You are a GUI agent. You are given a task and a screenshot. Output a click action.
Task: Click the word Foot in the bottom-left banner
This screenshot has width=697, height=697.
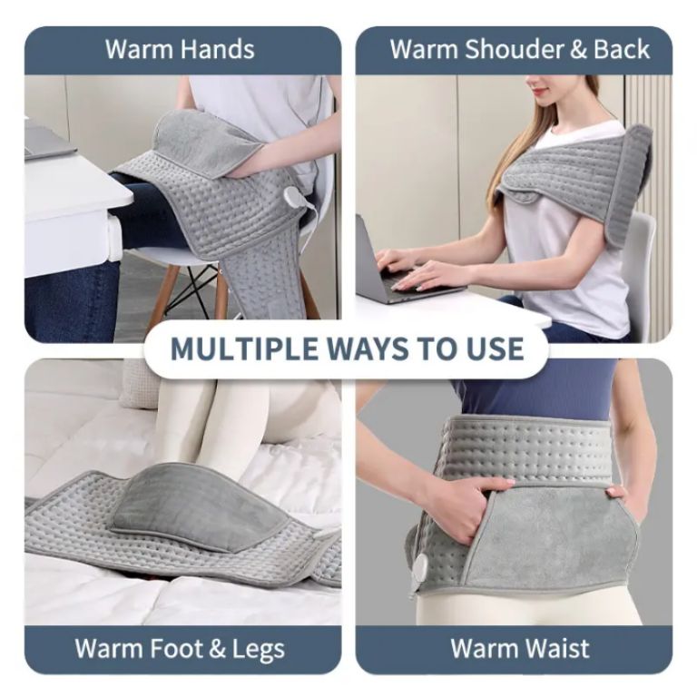(173, 649)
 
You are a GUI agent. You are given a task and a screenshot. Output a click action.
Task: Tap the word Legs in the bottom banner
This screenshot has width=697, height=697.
(257, 649)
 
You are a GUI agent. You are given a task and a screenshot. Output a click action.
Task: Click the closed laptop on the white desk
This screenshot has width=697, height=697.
(49, 141)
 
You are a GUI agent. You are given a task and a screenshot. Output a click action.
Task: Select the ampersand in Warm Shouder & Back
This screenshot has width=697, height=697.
(579, 49)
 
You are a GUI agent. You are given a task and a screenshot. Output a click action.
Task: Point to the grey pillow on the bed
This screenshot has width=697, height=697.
(140, 382)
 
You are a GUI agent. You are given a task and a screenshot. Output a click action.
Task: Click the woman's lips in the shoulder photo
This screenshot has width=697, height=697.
(535, 91)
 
